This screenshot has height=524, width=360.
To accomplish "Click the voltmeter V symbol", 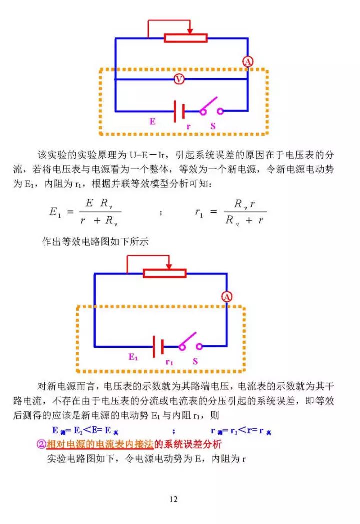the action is click(179, 79).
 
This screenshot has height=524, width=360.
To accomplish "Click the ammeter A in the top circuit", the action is click(248, 62).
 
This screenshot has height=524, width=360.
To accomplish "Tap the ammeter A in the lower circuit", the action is click(227, 297).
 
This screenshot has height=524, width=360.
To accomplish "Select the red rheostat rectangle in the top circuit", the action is click(186, 38).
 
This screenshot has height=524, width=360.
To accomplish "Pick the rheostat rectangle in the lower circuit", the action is click(165, 273).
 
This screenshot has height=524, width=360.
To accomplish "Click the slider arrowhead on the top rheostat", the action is click(190, 31).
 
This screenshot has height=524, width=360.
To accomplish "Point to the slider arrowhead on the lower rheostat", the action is click(169, 266).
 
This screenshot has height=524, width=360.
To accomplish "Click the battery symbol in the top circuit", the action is click(179, 111).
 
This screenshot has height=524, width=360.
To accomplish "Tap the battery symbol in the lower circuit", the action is click(158, 346).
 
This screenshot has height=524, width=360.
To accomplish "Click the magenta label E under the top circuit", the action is click(152, 121).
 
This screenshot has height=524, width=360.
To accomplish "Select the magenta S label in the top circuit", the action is click(213, 126).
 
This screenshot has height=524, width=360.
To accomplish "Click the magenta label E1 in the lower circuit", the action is click(133, 357).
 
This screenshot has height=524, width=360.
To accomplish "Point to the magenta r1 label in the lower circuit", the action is click(169, 362).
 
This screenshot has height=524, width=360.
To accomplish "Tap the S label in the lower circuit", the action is click(195, 361).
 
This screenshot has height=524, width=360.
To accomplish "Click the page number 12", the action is click(173, 499).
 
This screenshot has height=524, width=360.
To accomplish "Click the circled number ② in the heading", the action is click(41, 444).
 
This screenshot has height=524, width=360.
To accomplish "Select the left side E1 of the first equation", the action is click(55, 212).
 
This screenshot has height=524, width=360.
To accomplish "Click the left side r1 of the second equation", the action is click(199, 212).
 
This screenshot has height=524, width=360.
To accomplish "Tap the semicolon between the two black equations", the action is click(161, 213).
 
